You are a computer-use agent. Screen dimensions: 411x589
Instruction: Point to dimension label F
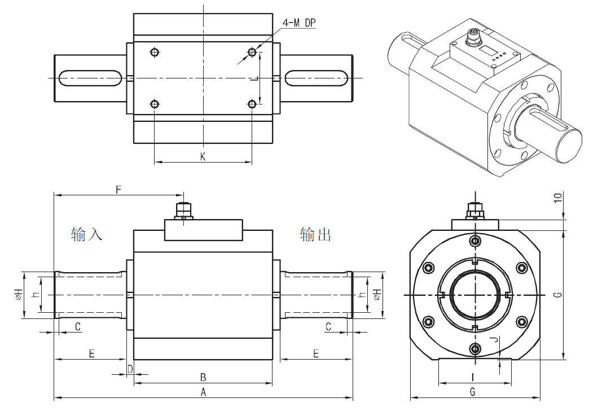coord(118,190)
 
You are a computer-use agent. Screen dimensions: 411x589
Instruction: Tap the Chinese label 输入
coord(87,234)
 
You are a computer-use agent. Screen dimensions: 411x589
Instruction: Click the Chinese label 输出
coord(315,234)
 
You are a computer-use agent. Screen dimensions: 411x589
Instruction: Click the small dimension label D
coord(130,369)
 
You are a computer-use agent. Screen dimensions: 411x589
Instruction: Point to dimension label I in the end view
coord(473,377)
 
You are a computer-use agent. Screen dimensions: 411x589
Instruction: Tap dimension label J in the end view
coord(495,340)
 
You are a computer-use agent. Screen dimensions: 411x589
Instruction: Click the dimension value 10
coord(558,199)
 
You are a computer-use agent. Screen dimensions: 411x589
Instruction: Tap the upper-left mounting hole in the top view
coord(155,53)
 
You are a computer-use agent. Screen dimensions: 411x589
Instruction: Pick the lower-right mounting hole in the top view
coord(252,104)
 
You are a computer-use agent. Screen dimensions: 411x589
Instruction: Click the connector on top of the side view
coord(184,211)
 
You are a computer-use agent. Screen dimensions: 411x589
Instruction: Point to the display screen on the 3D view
coord(485,53)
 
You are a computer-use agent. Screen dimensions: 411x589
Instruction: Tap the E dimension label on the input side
coord(91,353)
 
